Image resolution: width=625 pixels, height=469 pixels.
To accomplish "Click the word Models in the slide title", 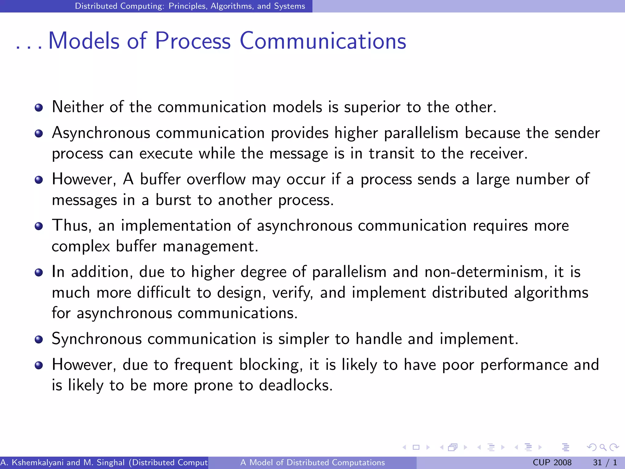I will click(x=84, y=41).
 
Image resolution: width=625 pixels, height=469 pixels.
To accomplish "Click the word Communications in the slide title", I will click(x=323, y=41).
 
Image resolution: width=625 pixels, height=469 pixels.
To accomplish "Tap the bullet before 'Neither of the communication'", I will click(x=39, y=108).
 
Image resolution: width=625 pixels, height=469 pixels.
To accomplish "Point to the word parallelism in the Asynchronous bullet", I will click(x=421, y=133).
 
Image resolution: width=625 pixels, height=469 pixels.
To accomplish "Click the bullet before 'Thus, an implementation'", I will click(x=39, y=226).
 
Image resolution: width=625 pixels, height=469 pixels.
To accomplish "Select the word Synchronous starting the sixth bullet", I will click(x=97, y=339).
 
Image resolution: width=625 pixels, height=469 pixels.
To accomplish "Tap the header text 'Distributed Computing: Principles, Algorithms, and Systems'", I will click(x=190, y=6).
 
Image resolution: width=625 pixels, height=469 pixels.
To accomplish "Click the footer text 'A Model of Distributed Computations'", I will click(x=312, y=463).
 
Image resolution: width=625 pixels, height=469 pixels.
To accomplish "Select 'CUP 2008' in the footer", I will click(x=552, y=463).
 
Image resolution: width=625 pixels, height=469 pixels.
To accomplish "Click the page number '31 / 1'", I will click(x=605, y=463).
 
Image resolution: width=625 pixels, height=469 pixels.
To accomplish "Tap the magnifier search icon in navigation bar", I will click(x=603, y=447).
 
